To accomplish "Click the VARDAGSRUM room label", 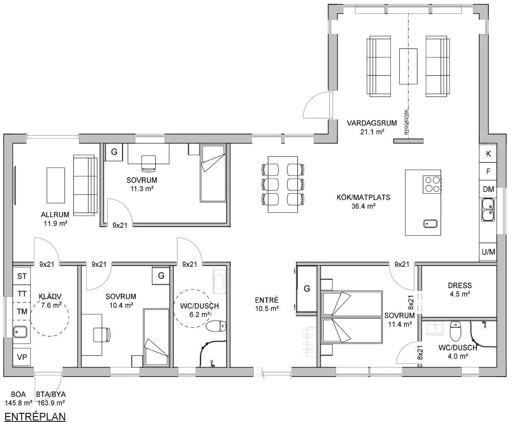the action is (372, 123).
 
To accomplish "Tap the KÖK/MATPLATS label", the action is (363, 197).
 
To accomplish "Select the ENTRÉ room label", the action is (267, 300).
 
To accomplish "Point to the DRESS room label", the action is (460, 285).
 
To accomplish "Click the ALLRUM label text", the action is (55, 215).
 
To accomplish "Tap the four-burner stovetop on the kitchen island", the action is (432, 185).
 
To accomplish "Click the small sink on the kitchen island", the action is (430, 223).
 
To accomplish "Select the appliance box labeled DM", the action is (488, 189).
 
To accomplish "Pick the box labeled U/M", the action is (488, 252).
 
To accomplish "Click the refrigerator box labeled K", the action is (488, 153).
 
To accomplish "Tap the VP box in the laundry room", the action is (22, 357).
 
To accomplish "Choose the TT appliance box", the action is (22, 294).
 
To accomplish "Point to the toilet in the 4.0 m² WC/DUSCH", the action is (456, 331).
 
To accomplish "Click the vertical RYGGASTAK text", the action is (406, 122).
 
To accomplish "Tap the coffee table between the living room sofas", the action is (408, 66).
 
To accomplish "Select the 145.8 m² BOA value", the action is (19, 403).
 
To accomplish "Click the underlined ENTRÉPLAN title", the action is (35, 417).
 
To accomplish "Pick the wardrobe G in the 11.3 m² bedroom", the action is (114, 152).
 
